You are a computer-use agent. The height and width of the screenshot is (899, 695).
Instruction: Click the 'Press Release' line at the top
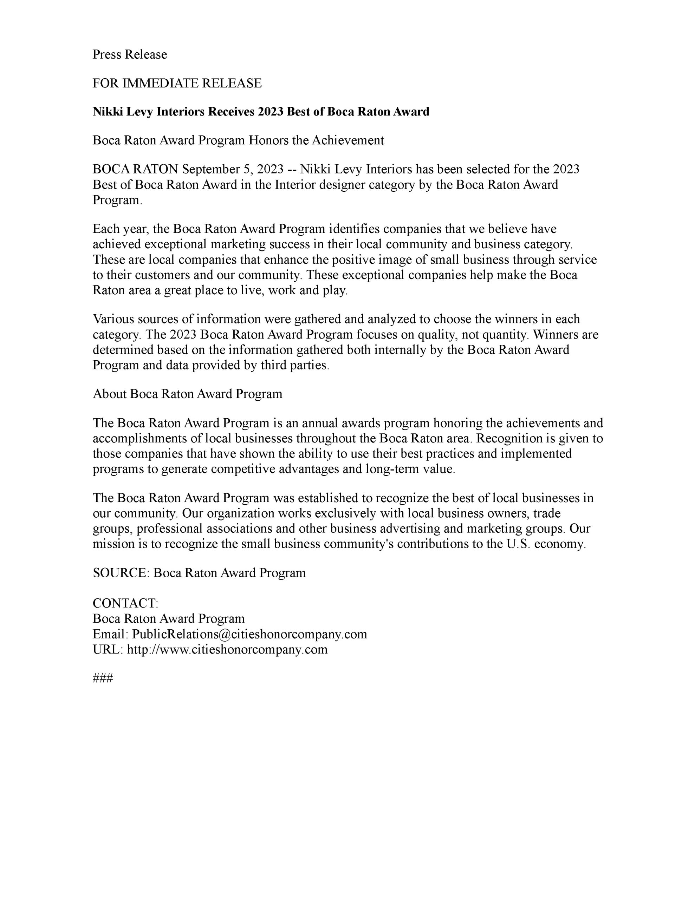click(x=130, y=55)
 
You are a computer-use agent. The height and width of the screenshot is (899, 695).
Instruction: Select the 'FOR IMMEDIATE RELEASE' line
click(x=177, y=84)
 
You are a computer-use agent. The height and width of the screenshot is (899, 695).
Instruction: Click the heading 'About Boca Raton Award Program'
click(x=187, y=394)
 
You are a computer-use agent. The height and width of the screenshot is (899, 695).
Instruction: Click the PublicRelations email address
click(x=249, y=634)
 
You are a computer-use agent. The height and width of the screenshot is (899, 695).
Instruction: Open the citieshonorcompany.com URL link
click(x=227, y=650)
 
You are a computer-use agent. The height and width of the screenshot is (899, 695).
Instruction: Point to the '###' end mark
click(x=103, y=678)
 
